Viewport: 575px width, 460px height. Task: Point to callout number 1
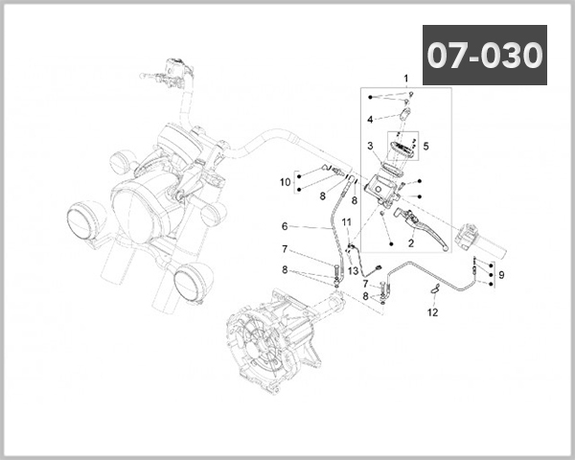[405, 78]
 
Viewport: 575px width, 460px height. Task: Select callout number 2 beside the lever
[411, 243]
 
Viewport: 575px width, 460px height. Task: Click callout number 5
[426, 147]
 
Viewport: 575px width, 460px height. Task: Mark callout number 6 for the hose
[285, 226]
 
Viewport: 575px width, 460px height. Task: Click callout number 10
[285, 181]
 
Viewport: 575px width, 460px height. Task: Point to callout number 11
[345, 222]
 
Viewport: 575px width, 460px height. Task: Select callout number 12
[432, 312]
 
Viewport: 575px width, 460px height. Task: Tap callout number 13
[353, 271]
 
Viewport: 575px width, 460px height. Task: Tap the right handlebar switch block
[474, 236]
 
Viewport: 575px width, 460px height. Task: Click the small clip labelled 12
[434, 288]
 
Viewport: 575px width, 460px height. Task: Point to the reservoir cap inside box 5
[398, 149]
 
